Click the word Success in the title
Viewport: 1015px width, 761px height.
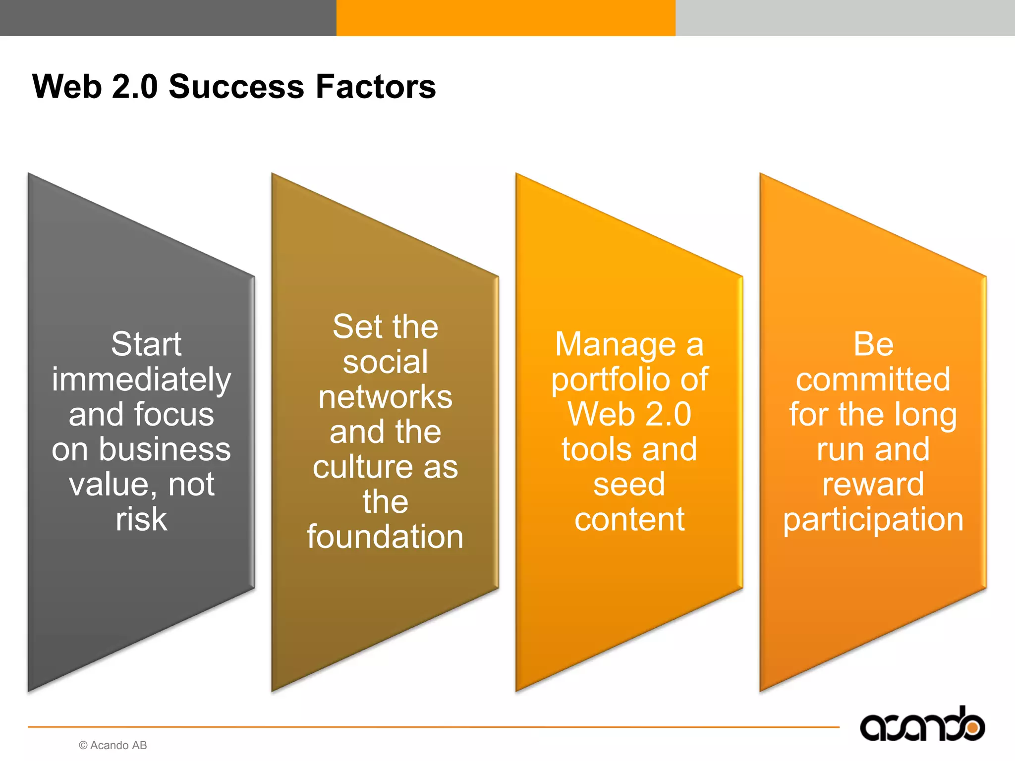click(236, 87)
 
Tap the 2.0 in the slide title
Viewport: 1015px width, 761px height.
click(135, 87)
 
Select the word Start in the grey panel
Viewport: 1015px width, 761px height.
click(146, 344)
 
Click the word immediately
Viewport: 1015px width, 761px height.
click(141, 380)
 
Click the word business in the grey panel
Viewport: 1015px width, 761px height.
click(165, 449)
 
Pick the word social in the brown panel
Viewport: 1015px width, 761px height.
click(385, 362)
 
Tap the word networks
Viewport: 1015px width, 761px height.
click(385, 397)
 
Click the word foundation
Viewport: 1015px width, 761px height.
click(385, 537)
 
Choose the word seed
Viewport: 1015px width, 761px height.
click(629, 485)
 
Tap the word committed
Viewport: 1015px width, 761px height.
click(873, 380)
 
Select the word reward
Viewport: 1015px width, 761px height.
click(873, 485)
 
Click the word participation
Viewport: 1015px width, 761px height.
click(873, 520)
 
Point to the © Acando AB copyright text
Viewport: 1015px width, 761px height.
click(113, 745)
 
